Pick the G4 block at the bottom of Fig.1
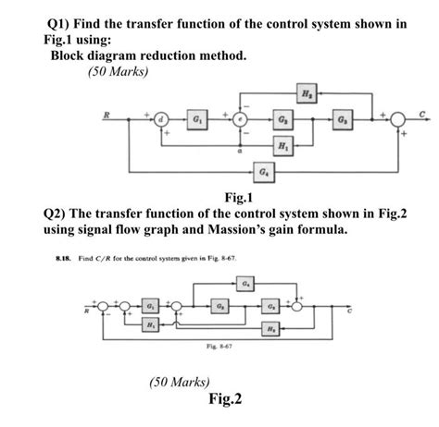pos(266,171)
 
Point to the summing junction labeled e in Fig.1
pos(239,119)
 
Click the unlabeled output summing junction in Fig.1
pos(397,119)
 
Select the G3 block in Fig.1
pos(343,119)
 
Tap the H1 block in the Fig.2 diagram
pos(151,326)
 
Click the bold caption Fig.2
pos(225,399)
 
